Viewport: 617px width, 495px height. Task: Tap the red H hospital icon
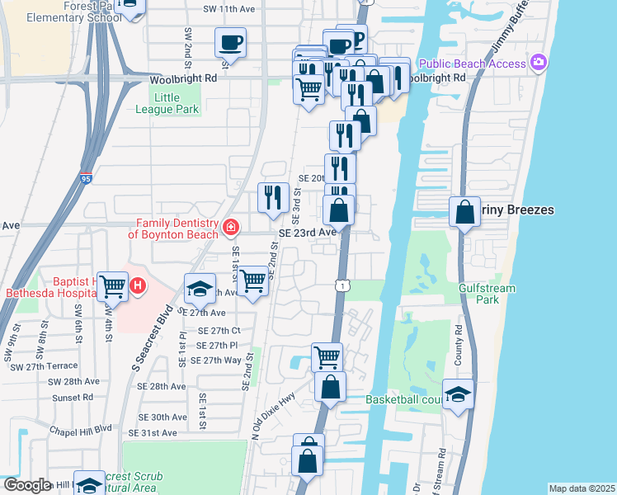pos(139,285)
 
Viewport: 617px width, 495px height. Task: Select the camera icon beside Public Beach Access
pos(539,63)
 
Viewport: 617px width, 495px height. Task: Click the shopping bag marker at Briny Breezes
pos(465,211)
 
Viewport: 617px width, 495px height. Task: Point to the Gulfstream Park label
pos(487,294)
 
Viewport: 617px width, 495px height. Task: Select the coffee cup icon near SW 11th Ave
pos(230,42)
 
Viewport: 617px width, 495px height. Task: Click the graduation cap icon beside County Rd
pos(457,394)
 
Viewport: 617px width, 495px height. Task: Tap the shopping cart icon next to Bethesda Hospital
pos(113,286)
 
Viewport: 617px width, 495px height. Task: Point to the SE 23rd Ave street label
pos(307,233)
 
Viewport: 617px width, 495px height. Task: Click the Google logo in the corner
pos(27,485)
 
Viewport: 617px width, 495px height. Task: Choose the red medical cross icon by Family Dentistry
pos(231,226)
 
